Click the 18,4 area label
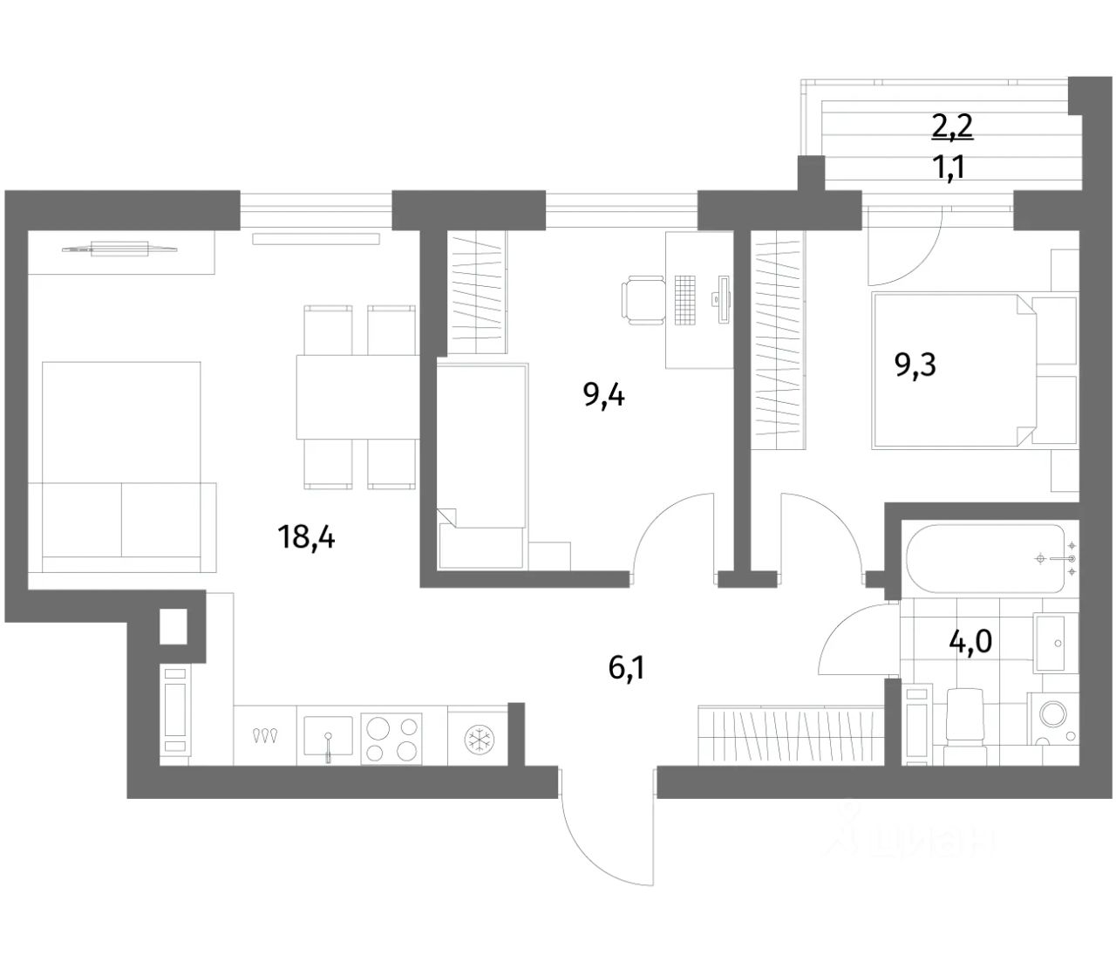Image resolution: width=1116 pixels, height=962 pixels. point(306,537)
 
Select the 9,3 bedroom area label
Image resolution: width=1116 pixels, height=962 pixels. point(915,365)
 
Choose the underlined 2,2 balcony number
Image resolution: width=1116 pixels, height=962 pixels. point(951,128)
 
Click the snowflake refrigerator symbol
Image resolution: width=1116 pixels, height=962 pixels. point(477,738)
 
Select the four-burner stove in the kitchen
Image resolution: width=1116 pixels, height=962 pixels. point(391,739)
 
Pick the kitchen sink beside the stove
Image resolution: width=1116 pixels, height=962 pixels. point(328,737)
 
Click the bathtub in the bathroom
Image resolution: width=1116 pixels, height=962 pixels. point(985,558)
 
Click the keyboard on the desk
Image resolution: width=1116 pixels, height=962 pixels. point(687,300)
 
